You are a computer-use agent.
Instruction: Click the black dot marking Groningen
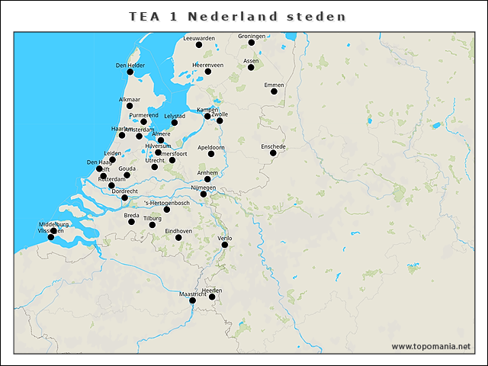(252, 43)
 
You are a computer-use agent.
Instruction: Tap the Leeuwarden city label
(199, 37)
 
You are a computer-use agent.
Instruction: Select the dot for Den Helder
(130, 72)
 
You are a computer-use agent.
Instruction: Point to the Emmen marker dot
(274, 91)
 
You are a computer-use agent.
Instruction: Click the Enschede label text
(273, 146)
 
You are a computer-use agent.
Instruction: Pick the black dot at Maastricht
(193, 300)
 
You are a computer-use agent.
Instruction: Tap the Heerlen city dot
(213, 297)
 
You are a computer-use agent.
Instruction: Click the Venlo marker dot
(225, 245)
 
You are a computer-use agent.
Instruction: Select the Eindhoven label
(178, 230)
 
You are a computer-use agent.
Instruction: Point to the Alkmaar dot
(130, 106)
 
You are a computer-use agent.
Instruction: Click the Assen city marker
(251, 68)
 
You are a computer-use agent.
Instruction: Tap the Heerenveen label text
(207, 65)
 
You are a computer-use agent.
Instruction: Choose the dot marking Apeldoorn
(211, 154)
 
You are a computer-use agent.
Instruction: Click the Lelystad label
(175, 116)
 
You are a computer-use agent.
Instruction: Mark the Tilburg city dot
(153, 225)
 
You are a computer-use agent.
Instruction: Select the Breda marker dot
(131, 222)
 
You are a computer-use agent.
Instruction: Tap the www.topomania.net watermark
(431, 346)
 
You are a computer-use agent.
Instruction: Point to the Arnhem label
(207, 173)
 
